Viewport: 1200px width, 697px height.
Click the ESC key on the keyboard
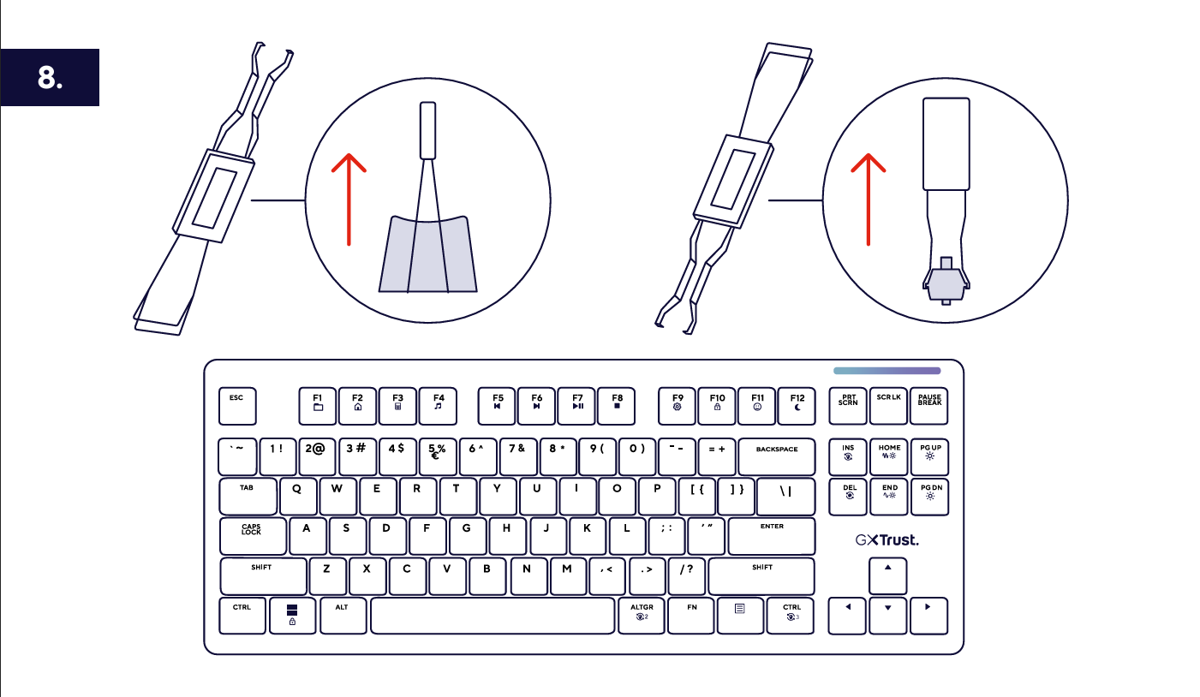(237, 406)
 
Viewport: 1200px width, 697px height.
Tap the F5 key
(497, 406)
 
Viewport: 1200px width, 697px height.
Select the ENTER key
(772, 536)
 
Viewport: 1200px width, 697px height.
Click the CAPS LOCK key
(253, 536)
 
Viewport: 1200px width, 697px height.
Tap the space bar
(493, 616)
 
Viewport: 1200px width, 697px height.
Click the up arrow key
(887, 576)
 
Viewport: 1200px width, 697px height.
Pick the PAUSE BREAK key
(929, 406)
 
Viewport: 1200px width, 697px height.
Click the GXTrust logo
(887, 540)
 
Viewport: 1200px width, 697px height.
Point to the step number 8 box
(50, 77)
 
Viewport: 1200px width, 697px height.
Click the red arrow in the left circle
(349, 200)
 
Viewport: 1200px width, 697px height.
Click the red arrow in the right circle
(869, 200)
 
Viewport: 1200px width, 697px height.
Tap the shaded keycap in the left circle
(428, 254)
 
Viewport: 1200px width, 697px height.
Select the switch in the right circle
(946, 281)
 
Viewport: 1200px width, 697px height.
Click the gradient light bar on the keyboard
(887, 371)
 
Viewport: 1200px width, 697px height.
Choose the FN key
(691, 616)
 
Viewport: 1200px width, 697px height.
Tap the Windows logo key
(292, 616)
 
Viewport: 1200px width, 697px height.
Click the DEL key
(848, 497)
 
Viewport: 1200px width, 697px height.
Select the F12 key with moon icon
(797, 406)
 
